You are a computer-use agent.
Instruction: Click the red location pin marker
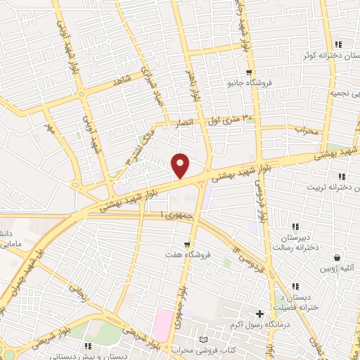click(181, 165)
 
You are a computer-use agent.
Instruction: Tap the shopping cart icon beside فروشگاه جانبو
click(248, 72)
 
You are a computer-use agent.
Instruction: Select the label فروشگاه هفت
click(182, 255)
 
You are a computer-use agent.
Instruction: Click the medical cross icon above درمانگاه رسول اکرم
click(260, 314)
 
